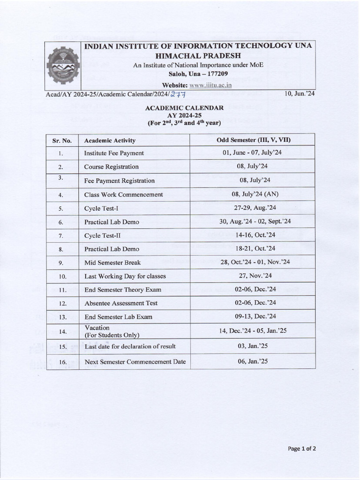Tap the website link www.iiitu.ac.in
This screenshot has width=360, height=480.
pos(210,85)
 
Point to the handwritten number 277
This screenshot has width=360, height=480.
pos(178,94)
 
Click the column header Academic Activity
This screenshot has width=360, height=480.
pos(110,140)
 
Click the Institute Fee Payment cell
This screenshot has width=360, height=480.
pos(114,153)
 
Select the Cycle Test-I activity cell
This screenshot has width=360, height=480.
pos(101,208)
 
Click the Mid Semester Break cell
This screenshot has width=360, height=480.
pos(112,262)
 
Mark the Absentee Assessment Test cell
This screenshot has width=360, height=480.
pos(120,303)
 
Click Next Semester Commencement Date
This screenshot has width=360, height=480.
pos(135,361)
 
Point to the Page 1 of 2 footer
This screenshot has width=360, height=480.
pos(302,449)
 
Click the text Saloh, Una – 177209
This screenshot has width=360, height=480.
pos(198,74)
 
